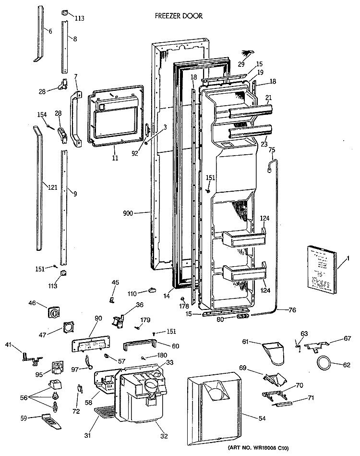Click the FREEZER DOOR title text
pyautogui.click(x=179, y=16)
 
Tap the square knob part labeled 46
pyautogui.click(x=55, y=313)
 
